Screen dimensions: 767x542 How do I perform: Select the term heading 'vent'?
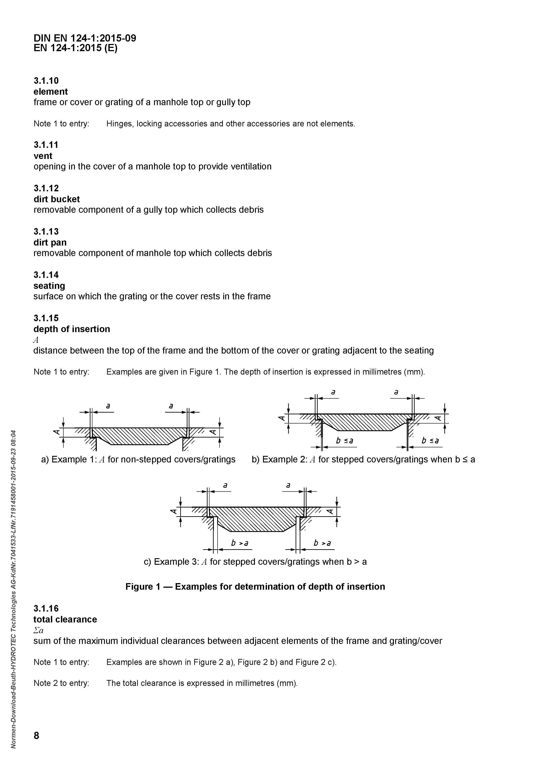click(x=43, y=156)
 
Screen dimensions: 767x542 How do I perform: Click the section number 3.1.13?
click(x=46, y=232)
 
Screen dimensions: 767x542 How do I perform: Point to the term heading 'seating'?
click(x=49, y=286)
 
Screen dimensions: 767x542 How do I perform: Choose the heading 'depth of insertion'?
click(x=72, y=329)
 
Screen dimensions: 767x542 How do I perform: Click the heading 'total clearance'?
click(x=65, y=619)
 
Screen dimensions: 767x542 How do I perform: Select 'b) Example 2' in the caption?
click(x=279, y=460)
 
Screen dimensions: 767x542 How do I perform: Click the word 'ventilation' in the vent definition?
click(x=251, y=167)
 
